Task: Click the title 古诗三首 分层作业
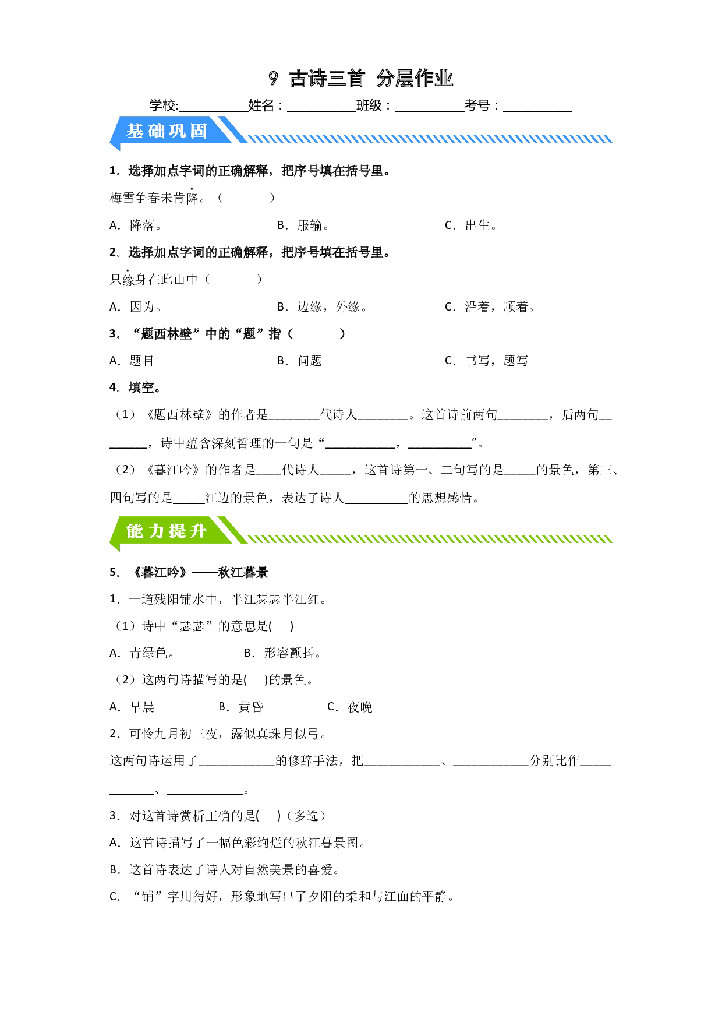361,78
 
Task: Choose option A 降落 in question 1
136,225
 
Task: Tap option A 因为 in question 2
136,307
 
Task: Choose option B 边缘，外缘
323,307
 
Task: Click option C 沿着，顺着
490,307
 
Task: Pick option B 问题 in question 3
300,361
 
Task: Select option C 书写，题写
487,361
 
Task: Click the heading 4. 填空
135,388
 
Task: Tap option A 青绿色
142,653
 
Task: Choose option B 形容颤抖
283,653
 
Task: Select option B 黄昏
241,707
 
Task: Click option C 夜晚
350,707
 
